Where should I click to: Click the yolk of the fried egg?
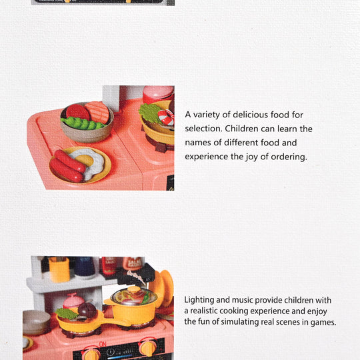[x=84, y=160]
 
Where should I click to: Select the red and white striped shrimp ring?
[x=166, y=117]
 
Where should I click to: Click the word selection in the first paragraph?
[x=201, y=129]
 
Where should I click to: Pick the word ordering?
[x=289, y=157]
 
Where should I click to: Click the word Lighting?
[x=199, y=300]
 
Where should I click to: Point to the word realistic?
[x=203, y=311]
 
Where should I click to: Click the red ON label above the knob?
[x=103, y=344]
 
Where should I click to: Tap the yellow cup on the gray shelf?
[x=59, y=269]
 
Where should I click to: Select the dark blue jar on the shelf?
[x=84, y=266]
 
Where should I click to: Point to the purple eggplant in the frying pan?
[x=87, y=310]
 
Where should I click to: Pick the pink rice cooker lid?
[x=73, y=301]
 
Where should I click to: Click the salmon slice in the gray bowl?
[x=97, y=112]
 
